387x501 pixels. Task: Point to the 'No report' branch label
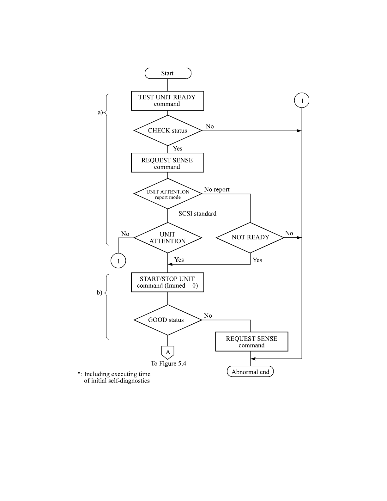coord(217,190)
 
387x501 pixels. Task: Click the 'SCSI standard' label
coord(197,213)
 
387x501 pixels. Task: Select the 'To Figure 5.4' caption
coord(168,364)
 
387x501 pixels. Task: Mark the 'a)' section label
coord(100,112)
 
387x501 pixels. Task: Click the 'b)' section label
coord(99,293)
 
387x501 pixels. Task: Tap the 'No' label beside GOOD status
coord(208,315)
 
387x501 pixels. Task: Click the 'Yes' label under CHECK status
coord(178,149)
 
